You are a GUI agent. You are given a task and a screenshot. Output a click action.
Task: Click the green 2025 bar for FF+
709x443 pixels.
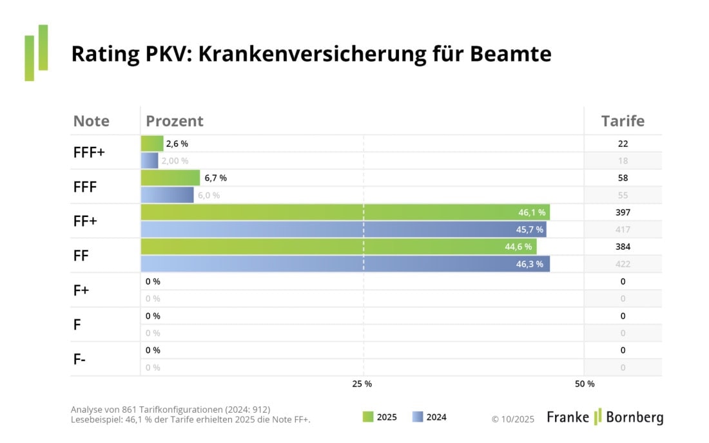[x=345, y=212]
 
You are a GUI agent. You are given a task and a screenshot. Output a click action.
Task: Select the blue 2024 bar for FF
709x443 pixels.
[x=345, y=264]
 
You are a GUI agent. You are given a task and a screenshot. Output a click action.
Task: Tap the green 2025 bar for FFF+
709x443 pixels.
[x=151, y=144]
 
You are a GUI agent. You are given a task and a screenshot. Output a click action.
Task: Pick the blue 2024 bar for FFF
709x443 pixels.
[x=167, y=195]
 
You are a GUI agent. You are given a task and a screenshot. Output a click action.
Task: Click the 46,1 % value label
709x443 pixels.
[x=532, y=212]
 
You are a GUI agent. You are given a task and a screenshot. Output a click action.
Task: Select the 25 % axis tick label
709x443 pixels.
[x=362, y=384]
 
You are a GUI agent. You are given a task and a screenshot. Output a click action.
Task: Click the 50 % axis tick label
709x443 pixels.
[x=584, y=384]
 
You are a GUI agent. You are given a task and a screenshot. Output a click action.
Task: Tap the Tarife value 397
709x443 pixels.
[x=623, y=212]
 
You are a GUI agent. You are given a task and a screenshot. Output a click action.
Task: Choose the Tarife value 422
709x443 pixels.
[x=623, y=264]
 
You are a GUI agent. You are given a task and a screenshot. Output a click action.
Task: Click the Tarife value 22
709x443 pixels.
[x=623, y=144]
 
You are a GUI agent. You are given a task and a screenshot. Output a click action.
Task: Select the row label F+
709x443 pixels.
[x=81, y=290]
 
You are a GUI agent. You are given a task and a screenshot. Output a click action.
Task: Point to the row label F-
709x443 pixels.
[x=80, y=359]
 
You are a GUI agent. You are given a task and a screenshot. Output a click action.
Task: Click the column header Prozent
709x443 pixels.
[x=175, y=121]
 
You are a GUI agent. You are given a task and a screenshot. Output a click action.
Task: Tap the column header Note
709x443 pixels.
[x=91, y=121]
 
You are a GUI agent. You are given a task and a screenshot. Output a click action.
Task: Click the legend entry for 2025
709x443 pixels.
[x=380, y=417]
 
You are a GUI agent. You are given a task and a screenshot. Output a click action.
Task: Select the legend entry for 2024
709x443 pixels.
[x=429, y=417]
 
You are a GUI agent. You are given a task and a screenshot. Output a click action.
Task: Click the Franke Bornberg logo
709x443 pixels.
[x=605, y=417]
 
